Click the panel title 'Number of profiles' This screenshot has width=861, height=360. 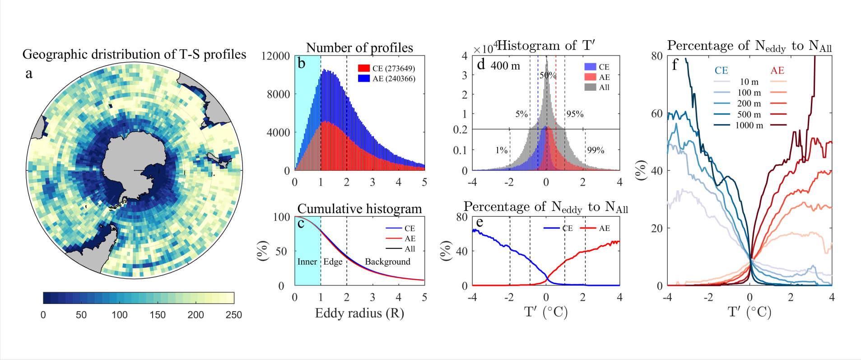(359, 48)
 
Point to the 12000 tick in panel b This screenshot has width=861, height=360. (275, 56)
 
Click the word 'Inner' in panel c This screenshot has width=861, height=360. (307, 262)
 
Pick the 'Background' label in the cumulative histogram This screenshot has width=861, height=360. (387, 262)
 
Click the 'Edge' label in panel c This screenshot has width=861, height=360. (333, 262)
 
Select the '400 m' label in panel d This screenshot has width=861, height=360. (505, 66)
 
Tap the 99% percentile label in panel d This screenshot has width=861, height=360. (596, 150)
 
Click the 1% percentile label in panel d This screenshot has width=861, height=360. (501, 150)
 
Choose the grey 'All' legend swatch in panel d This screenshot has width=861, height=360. (590, 87)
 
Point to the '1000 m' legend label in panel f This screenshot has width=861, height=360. (749, 126)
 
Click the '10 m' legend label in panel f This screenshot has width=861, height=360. (749, 82)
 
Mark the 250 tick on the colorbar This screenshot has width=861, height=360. (233, 315)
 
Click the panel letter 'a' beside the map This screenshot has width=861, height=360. (29, 74)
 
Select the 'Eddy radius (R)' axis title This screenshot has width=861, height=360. (359, 313)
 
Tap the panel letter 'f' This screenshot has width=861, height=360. (675, 65)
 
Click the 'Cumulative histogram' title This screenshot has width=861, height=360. (359, 209)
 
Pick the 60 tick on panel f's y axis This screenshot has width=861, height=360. (656, 113)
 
